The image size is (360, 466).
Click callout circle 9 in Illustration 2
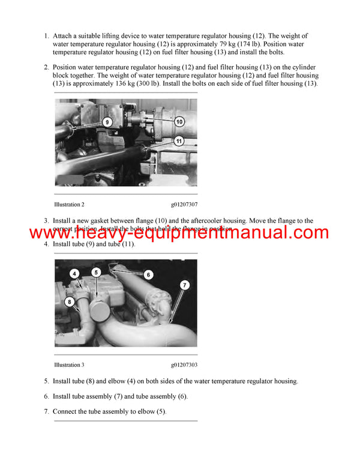[x=107, y=122]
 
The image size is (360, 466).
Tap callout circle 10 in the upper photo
[x=179, y=121]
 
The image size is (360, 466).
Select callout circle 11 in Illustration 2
[x=179, y=141]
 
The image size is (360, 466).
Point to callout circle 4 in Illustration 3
[x=74, y=274]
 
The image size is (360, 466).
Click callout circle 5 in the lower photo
[x=96, y=272]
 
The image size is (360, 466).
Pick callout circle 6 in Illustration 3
[x=149, y=274]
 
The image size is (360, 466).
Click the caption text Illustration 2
[x=69, y=205]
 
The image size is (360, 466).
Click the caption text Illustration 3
[x=69, y=365]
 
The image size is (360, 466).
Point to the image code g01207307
[x=184, y=205]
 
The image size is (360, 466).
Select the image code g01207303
[x=184, y=365]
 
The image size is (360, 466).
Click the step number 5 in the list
[x=46, y=381]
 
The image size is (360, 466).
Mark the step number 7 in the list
[x=46, y=412]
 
